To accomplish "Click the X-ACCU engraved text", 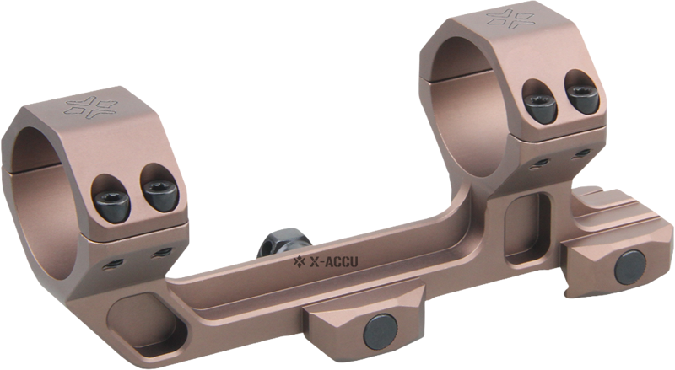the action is pyautogui.click(x=333, y=261).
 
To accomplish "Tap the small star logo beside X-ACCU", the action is pyautogui.click(x=300, y=260).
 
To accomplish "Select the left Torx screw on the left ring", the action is pyautogui.click(x=111, y=201).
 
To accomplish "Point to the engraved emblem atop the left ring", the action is pyautogui.click(x=91, y=107).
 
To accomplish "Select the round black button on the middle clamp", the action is pyautogui.click(x=381, y=330).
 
